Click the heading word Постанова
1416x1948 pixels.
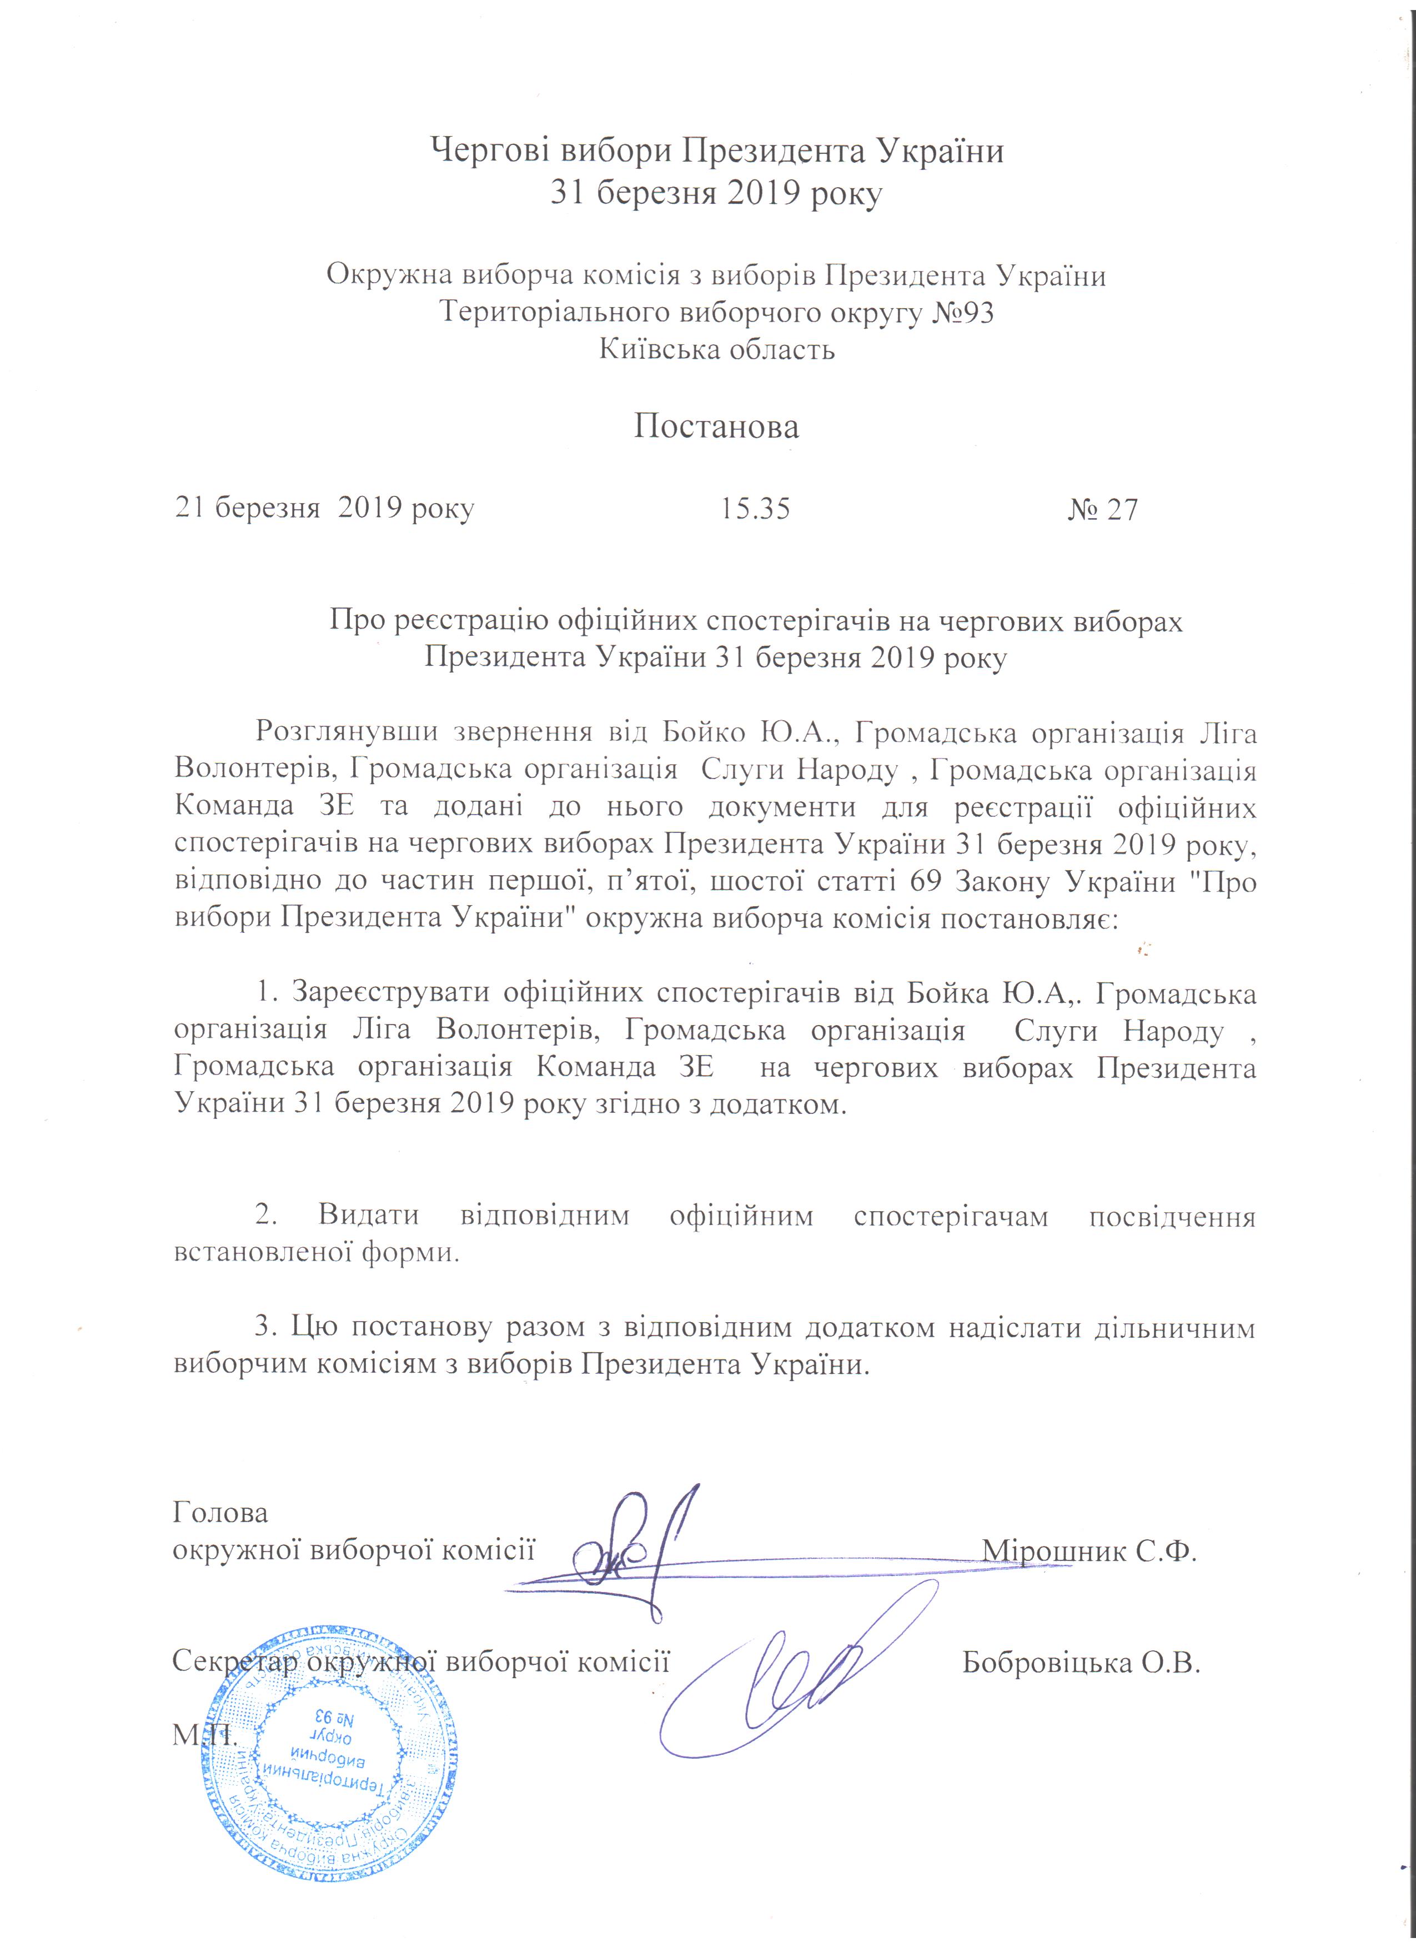point(716,427)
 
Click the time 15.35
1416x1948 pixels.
point(755,509)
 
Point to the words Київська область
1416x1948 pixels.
point(716,350)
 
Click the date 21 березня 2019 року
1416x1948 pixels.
point(325,509)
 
